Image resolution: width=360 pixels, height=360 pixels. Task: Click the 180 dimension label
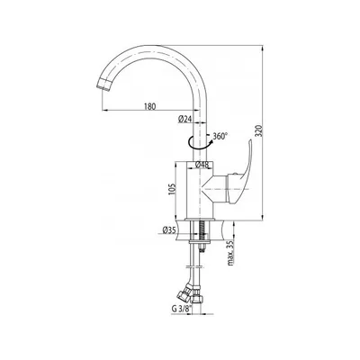[149, 106]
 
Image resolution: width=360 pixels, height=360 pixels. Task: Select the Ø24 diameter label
[184, 119]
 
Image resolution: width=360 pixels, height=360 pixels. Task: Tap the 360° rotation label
[220, 136]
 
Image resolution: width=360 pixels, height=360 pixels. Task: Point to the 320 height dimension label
[260, 130]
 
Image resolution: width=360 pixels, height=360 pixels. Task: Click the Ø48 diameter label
[202, 165]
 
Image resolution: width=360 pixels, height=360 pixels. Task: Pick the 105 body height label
[171, 189]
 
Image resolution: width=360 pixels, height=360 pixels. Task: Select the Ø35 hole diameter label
[169, 230]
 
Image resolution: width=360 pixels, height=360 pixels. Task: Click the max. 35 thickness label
[230, 254]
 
